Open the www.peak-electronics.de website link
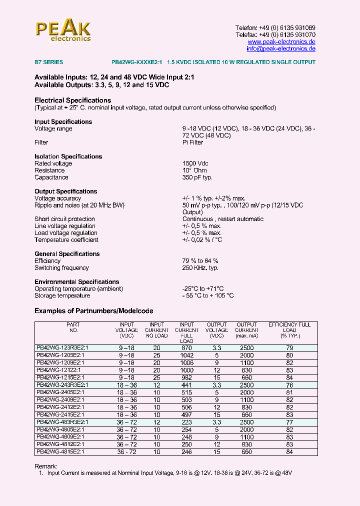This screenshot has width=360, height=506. pyautogui.click(x=281, y=42)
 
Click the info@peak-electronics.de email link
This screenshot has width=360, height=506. pyautogui.click(x=281, y=49)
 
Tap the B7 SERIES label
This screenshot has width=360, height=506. pyautogui.click(x=48, y=62)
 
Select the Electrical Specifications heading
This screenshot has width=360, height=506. pyautogui.click(x=72, y=100)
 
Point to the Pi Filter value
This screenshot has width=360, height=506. pyautogui.click(x=193, y=142)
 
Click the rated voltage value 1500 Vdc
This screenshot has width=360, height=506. pyautogui.click(x=195, y=163)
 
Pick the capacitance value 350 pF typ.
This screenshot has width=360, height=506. pyautogui.click(x=197, y=177)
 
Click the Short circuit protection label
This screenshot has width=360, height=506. pyautogui.click(x=64, y=219)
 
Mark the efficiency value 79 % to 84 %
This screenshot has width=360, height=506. pyautogui.click(x=200, y=261)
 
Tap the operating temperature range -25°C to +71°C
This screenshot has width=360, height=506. pyautogui.click(x=203, y=289)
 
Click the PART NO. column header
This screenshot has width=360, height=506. pyautogui.click(x=73, y=327)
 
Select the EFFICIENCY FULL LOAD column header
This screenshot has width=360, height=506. pyautogui.click(x=289, y=330)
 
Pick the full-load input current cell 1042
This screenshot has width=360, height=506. pyautogui.click(x=187, y=355)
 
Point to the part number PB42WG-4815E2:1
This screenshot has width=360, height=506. pyautogui.click(x=60, y=452)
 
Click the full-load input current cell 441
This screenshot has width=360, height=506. pyautogui.click(x=187, y=385)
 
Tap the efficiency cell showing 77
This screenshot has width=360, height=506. pyautogui.click(x=289, y=422)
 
